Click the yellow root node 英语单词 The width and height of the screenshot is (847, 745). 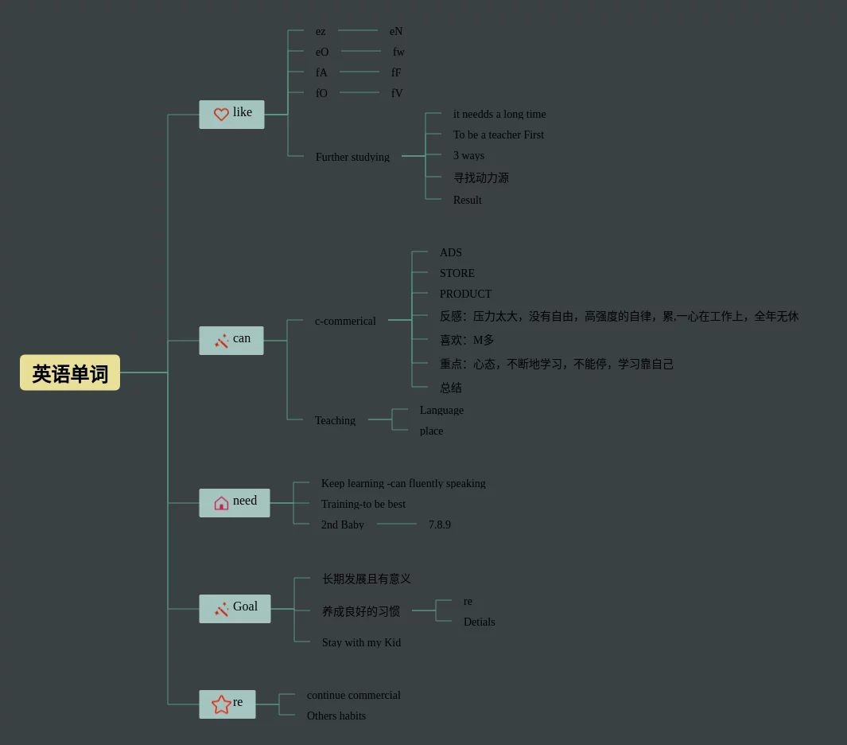[70, 372]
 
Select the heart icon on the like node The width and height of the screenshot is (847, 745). [221, 115]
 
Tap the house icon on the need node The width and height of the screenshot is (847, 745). [221, 503]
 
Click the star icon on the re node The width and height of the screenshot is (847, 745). [221, 704]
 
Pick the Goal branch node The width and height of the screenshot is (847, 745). [235, 608]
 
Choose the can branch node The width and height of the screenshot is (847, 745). [231, 340]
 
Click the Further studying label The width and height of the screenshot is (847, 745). [352, 157]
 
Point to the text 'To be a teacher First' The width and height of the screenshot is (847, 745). [499, 135]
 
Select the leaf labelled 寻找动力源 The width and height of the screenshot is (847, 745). [481, 177]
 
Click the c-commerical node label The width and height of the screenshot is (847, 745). [345, 321]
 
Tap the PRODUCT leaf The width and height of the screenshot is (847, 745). [465, 294]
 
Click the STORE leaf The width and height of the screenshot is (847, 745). [457, 273]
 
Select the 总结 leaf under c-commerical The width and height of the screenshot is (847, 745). [451, 388]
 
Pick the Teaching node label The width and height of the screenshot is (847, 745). [335, 420]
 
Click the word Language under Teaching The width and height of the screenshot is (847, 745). [441, 410]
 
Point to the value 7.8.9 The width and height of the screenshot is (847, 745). [440, 525]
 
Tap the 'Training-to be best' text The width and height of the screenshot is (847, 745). [363, 504]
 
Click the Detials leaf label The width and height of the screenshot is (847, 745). [480, 622]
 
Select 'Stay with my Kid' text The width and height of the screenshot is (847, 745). [361, 642]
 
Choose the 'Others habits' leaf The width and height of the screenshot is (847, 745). [336, 716]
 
